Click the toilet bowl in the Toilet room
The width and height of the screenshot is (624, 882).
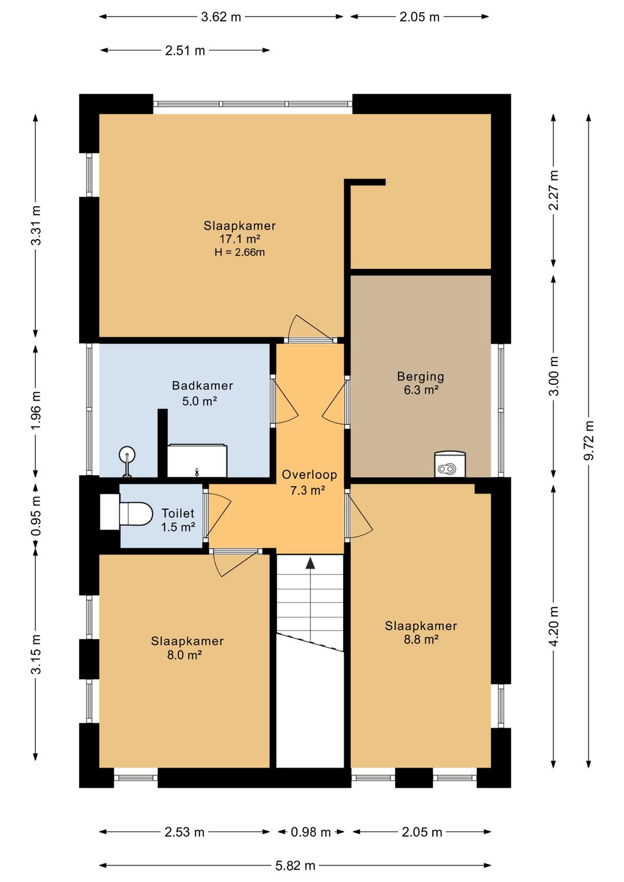pyautogui.click(x=136, y=514)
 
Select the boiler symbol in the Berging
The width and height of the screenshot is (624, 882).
pyautogui.click(x=450, y=464)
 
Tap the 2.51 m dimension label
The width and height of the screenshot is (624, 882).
pyautogui.click(x=185, y=50)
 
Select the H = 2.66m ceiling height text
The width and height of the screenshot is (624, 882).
pyautogui.click(x=240, y=253)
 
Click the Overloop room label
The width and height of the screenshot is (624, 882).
pyautogui.click(x=310, y=475)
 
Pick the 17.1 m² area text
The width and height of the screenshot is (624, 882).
pyautogui.click(x=240, y=239)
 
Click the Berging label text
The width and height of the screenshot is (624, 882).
pyautogui.click(x=421, y=377)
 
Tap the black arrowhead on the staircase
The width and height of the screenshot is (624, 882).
pyautogui.click(x=311, y=563)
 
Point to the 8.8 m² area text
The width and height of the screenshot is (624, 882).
pyautogui.click(x=421, y=639)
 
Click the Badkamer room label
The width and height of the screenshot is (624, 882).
pyautogui.click(x=202, y=385)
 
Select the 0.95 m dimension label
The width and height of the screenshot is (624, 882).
pyautogui.click(x=36, y=515)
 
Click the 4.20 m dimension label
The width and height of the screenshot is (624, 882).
pyautogui.click(x=554, y=626)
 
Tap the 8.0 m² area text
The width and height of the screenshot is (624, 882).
pyautogui.click(x=185, y=655)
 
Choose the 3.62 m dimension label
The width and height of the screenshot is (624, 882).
pyautogui.click(x=221, y=17)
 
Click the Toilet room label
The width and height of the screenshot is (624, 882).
pyautogui.click(x=178, y=513)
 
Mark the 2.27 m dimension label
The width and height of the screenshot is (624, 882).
pyautogui.click(x=554, y=190)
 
